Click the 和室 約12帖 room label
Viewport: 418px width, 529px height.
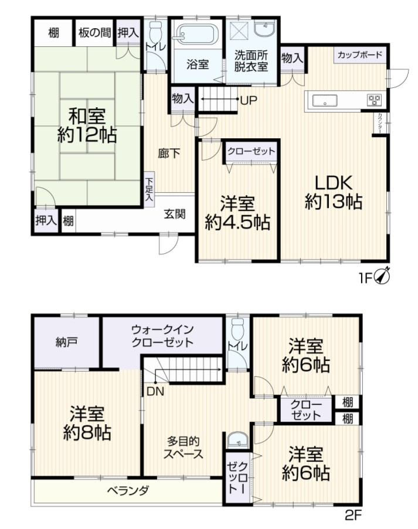tap(86, 125)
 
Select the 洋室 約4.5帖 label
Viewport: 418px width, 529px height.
tap(237, 213)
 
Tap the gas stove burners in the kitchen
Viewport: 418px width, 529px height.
tap(374, 100)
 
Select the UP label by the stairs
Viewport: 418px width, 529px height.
tap(248, 101)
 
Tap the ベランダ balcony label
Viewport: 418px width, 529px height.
tap(127, 490)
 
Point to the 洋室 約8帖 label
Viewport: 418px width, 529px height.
tap(87, 423)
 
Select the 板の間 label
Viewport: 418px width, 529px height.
tap(94, 33)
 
